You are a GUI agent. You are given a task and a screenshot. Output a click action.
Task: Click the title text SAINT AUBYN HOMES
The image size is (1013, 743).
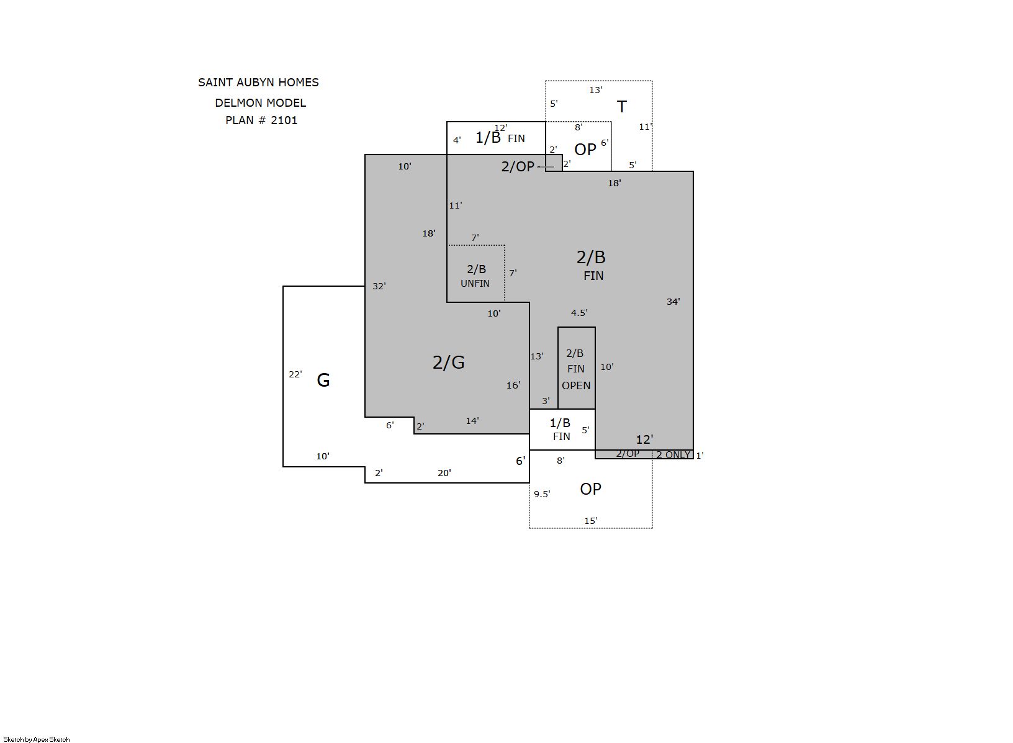click(x=258, y=83)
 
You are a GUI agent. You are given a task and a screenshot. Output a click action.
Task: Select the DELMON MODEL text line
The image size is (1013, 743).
click(x=261, y=103)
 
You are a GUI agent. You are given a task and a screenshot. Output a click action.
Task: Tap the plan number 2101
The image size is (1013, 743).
click(x=284, y=120)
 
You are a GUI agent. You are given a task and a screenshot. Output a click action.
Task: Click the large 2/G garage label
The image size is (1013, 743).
click(x=449, y=362)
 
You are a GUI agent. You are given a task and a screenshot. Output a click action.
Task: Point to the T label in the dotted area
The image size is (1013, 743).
click(x=622, y=107)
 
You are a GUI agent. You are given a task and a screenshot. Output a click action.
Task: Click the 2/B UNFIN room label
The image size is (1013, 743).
click(x=475, y=276)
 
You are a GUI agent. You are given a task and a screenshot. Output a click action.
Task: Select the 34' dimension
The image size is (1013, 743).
click(x=673, y=302)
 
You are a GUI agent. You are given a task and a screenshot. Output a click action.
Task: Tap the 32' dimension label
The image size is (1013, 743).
click(x=379, y=286)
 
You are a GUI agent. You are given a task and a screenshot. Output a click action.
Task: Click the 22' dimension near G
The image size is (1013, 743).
click(x=295, y=374)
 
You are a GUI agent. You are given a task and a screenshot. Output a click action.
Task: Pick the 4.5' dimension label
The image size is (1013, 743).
click(x=579, y=313)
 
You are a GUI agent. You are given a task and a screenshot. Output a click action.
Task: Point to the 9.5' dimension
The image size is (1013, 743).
click(x=542, y=494)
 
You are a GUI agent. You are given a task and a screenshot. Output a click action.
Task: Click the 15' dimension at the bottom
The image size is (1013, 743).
click(x=591, y=521)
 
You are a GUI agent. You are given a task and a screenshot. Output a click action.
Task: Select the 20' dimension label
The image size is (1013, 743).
click(x=444, y=473)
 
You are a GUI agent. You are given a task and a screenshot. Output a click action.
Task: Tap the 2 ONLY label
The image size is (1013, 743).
click(x=673, y=455)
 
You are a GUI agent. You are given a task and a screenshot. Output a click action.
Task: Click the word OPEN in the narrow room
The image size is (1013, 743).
click(x=576, y=385)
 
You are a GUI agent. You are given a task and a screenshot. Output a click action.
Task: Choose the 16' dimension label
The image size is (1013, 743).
click(x=513, y=385)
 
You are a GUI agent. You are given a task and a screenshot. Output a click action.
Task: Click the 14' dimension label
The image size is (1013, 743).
click(x=472, y=421)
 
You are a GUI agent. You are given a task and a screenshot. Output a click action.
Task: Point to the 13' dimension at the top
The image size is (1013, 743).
click(x=596, y=91)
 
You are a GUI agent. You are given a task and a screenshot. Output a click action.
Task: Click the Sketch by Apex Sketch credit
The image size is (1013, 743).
click(x=37, y=739)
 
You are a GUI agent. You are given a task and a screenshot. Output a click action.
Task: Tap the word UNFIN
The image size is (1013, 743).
click(x=475, y=284)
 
